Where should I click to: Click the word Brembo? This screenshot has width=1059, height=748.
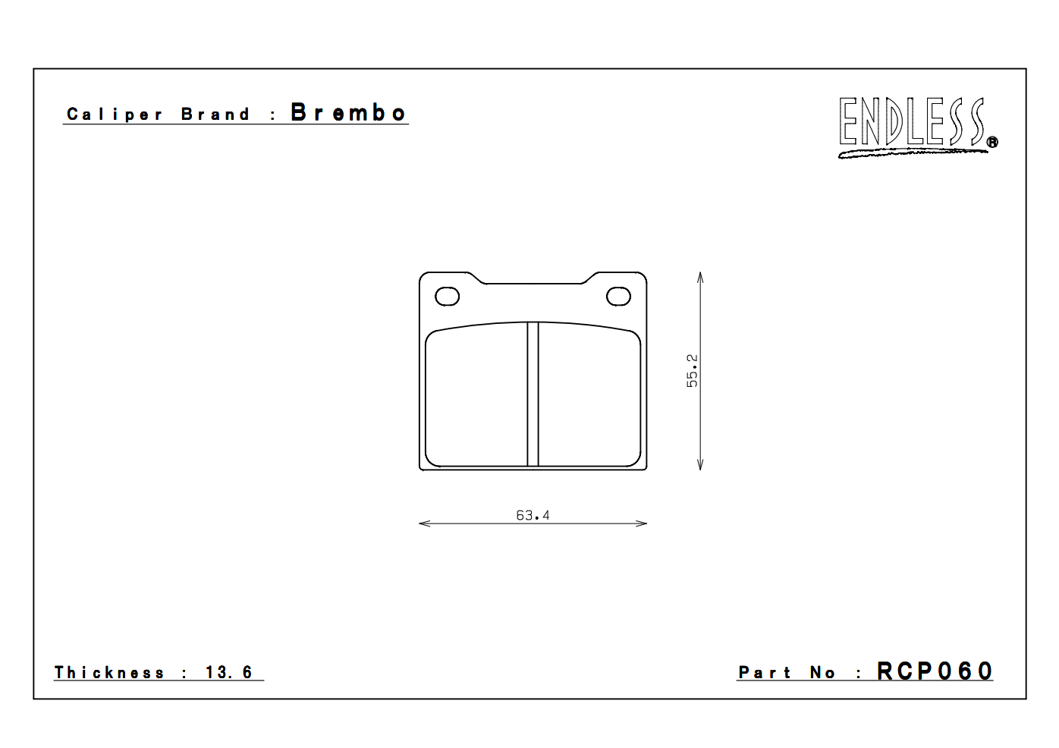pos(348,113)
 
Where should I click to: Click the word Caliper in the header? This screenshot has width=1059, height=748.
pos(115,115)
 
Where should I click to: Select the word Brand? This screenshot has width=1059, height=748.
pos(215,115)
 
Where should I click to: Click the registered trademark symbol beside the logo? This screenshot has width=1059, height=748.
pos(992,142)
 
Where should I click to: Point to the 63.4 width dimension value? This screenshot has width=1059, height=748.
pos(533,515)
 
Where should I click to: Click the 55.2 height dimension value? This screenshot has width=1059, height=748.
pos(692,370)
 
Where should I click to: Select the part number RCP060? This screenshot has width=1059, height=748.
pos(935,671)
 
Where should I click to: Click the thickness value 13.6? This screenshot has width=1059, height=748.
pos(228,673)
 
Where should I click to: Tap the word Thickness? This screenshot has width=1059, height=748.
pos(109,673)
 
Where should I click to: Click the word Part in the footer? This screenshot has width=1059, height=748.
pos(764,673)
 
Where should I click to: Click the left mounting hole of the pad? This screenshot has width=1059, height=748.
pos(447,297)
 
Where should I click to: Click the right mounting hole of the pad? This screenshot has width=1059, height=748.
pos(619,297)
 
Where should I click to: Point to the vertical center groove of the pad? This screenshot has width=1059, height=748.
pos(533,394)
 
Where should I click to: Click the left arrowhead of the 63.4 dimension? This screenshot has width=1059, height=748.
pos(423,523)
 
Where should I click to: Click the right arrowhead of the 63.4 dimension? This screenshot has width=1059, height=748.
pos(643,523)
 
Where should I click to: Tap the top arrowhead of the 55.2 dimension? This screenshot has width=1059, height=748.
pos(700,276)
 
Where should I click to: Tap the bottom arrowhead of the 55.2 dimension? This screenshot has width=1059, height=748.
pos(700,466)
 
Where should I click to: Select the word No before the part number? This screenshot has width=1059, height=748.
pos(822,673)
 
